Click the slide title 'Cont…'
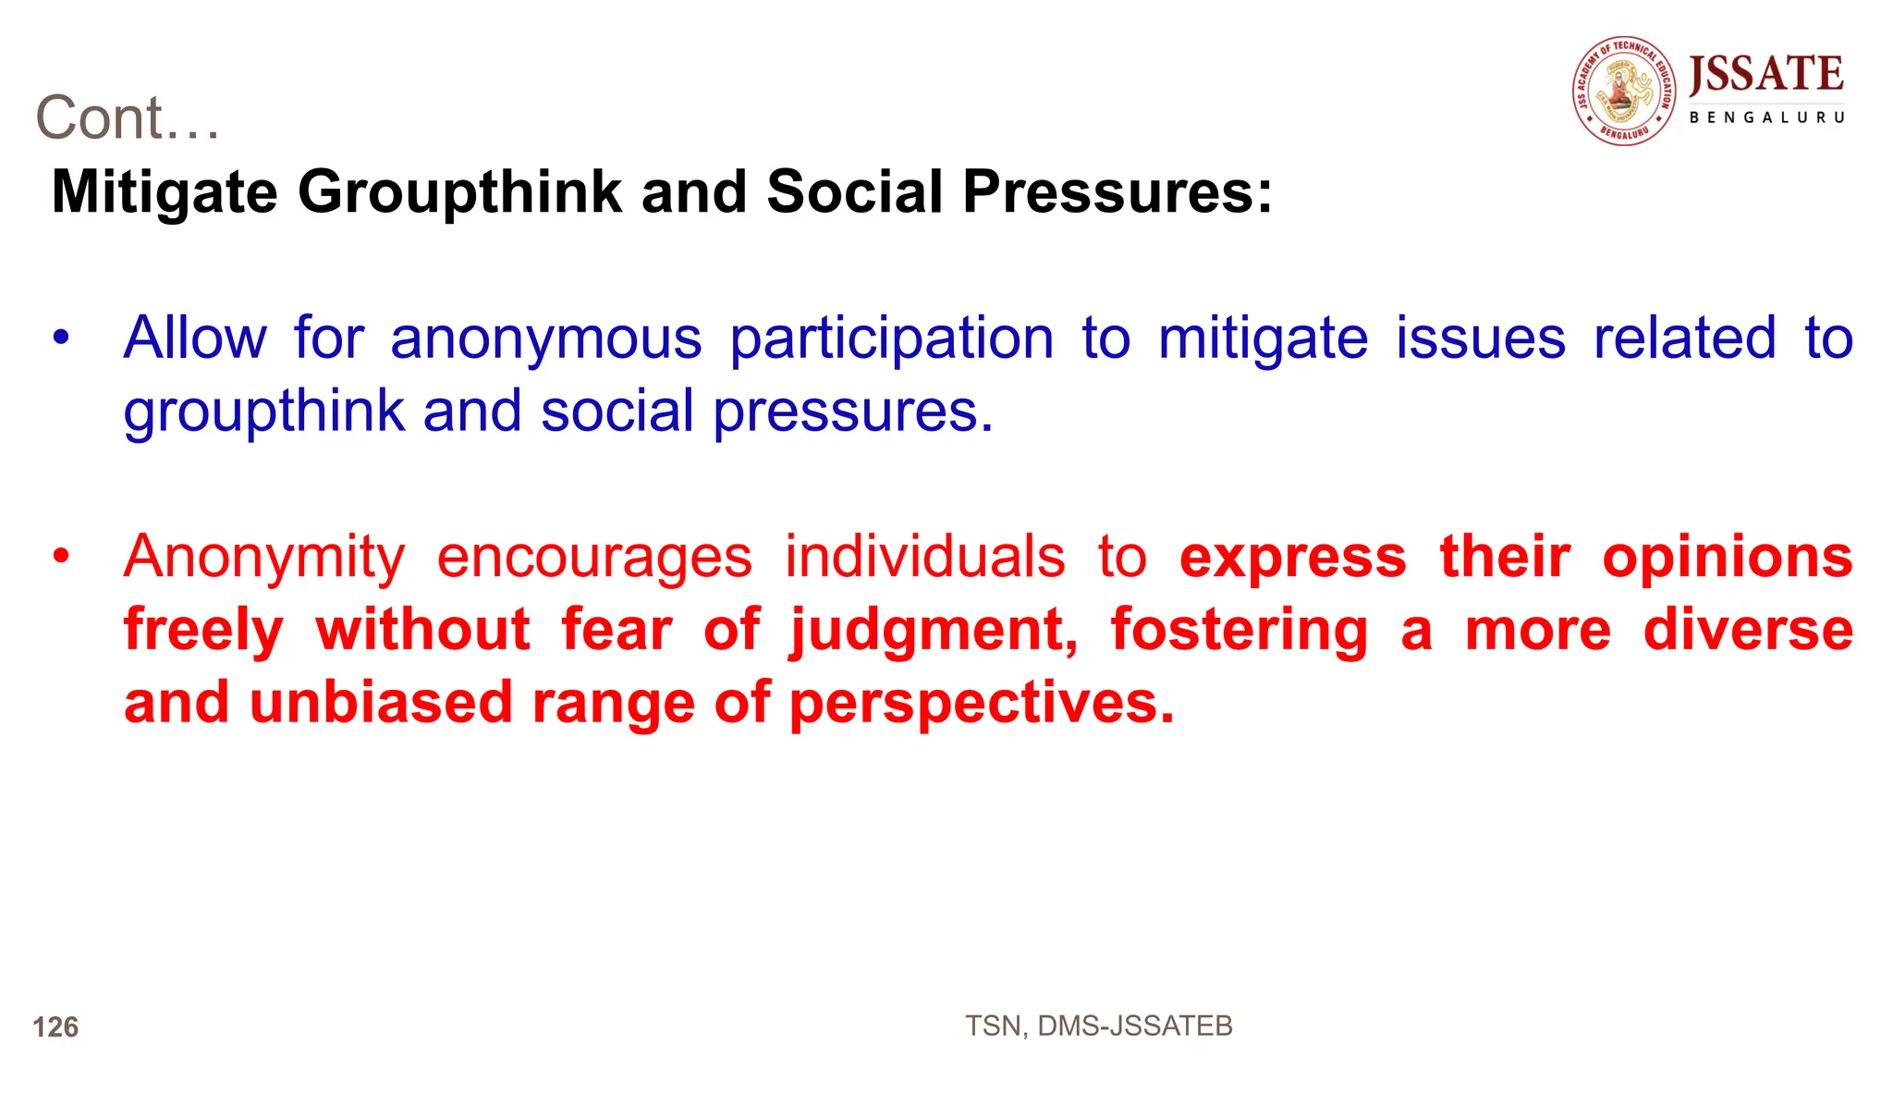(128, 118)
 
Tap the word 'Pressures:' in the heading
(1117, 192)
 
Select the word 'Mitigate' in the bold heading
(165, 192)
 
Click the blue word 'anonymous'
(545, 338)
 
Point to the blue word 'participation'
(891, 338)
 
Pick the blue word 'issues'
(1480, 338)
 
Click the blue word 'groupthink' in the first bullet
(263, 411)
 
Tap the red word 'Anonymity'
(264, 558)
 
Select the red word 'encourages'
(594, 558)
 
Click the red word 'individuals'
(924, 558)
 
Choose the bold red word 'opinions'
(1727, 558)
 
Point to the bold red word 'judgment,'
(934, 631)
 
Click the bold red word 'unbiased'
(381, 703)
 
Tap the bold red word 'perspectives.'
(982, 703)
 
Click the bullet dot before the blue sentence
(61, 338)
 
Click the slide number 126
(55, 1027)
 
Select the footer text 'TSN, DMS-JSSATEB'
(1098, 1026)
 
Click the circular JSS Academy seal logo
(1624, 91)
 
